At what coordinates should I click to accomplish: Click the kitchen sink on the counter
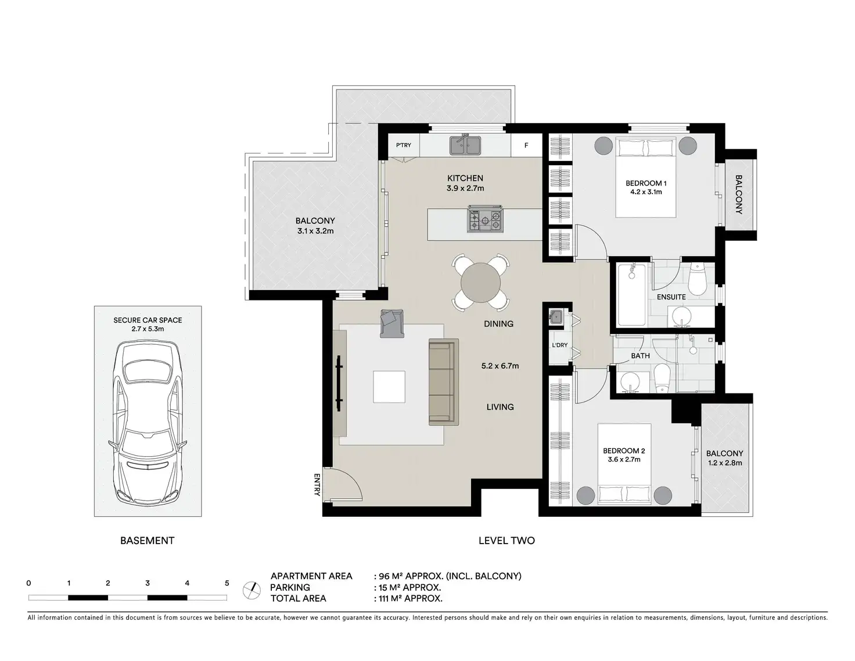[x=465, y=145]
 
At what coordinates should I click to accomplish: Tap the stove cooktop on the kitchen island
[x=485, y=219]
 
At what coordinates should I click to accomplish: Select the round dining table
[x=480, y=283]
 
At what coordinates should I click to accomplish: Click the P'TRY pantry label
[x=403, y=145]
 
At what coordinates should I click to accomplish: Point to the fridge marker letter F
[x=526, y=146]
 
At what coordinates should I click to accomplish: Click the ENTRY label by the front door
[x=317, y=485]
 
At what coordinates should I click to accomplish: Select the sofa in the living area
[x=443, y=382]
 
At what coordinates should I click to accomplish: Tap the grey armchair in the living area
[x=392, y=323]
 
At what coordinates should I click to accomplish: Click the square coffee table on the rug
[x=389, y=387]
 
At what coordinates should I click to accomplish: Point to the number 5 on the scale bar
[x=227, y=583]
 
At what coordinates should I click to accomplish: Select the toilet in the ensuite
[x=697, y=279]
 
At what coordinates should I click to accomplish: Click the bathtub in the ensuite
[x=631, y=295]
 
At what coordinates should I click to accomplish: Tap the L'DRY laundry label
[x=559, y=345]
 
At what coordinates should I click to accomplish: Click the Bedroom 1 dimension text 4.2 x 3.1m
[x=646, y=192]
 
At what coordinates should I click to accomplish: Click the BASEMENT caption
[x=147, y=541]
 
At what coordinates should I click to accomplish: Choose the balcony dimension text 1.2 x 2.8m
[x=725, y=463]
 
